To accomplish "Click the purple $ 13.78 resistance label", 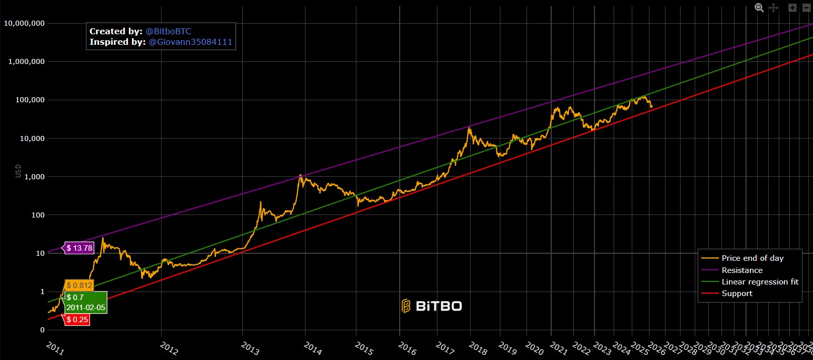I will coord(80,248).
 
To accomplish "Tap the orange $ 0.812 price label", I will coord(80,285).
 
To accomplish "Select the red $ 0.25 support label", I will coord(77,320).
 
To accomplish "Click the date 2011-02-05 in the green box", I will coord(86,308).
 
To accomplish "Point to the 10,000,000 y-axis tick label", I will coord(24,23).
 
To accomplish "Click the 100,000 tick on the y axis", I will coord(30,100).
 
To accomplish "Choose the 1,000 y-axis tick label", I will coord(34,177).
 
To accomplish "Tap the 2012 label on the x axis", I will coord(169,348).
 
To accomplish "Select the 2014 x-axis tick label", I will coord(313,348).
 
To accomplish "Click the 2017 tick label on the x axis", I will coord(445,348).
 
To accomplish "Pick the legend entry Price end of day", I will coord(752,258).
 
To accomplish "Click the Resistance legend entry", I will coord(742,270).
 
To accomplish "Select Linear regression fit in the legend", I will coord(760,282).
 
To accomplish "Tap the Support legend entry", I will coord(737,294).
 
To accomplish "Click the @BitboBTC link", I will coord(169,31).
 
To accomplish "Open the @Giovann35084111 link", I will coord(190,42).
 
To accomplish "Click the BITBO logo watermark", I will coord(432,306).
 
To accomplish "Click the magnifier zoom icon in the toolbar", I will coord(759,8).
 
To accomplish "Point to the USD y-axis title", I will coord(18,171).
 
